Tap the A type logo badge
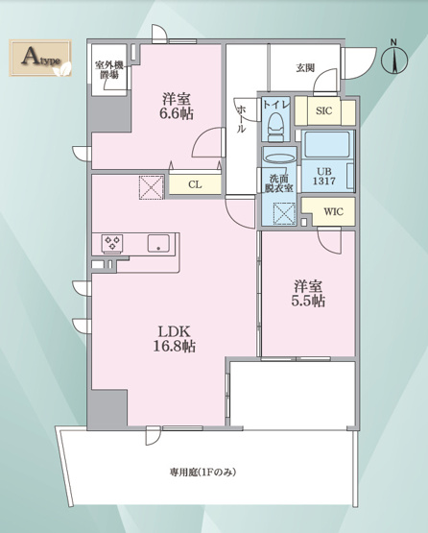click(40, 58)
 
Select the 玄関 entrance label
click(305, 68)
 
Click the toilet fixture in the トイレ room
click(275, 127)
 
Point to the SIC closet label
click(323, 110)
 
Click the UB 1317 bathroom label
click(324, 177)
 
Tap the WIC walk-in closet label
click(333, 212)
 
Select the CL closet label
click(195, 184)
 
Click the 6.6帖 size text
click(177, 113)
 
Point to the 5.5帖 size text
click(308, 301)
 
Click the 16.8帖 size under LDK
click(175, 347)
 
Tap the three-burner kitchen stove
click(112, 244)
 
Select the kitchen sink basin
click(158, 243)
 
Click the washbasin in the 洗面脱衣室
click(280, 158)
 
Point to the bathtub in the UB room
click(327, 144)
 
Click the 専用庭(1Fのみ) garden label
click(202, 472)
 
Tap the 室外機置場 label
click(109, 70)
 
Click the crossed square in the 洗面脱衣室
click(284, 214)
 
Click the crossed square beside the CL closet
click(152, 187)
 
